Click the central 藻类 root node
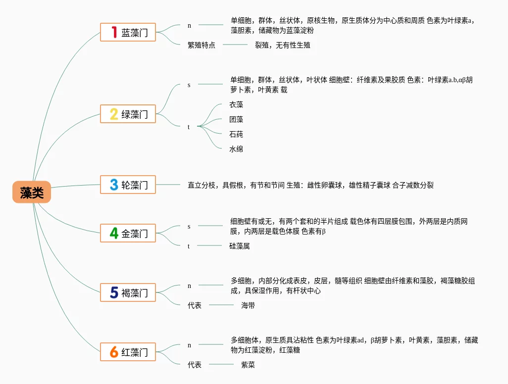32,192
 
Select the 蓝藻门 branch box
128,33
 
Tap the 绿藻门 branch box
128,114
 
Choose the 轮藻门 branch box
128,185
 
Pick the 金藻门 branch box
128,233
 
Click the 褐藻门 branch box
128,292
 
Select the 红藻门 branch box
128,352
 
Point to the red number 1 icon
114,33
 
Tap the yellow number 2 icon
114,114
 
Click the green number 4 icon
114,233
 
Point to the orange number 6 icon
114,352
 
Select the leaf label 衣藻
236,104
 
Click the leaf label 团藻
236,119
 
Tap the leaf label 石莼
236,134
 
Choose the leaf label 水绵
236,149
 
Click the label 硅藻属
239,245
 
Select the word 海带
248,305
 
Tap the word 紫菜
248,365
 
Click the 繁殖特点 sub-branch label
202,45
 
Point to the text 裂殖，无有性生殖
283,45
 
